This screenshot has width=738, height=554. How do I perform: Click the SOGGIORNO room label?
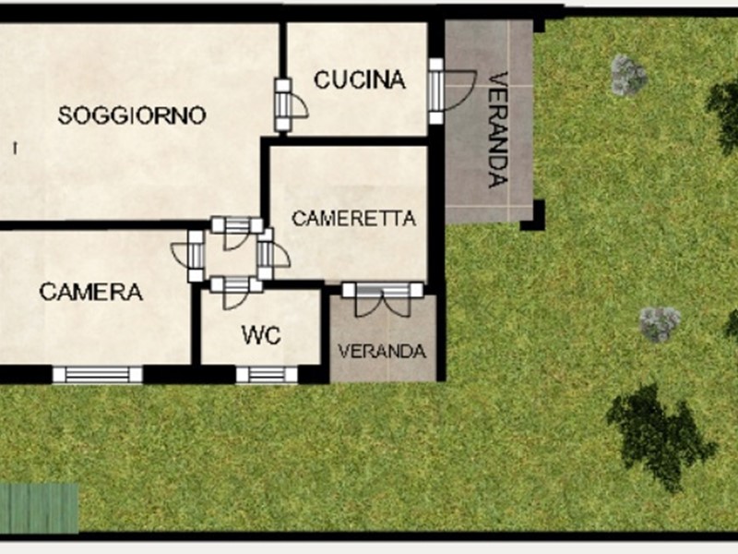pyautogui.click(x=132, y=115)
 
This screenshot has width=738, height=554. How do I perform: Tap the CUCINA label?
pyautogui.click(x=360, y=79)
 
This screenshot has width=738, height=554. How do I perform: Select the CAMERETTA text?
pyautogui.click(x=354, y=218)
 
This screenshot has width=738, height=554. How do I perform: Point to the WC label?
pyautogui.click(x=261, y=335)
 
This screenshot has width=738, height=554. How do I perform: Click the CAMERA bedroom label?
pyautogui.click(x=90, y=292)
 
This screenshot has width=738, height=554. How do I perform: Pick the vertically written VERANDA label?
pyautogui.click(x=498, y=129)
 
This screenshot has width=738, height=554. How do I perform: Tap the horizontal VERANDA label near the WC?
pyautogui.click(x=382, y=352)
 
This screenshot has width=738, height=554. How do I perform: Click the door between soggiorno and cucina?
pyautogui.click(x=290, y=104)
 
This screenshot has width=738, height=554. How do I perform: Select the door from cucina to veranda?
pyautogui.click(x=451, y=90)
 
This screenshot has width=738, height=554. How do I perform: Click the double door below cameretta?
pyautogui.click(x=383, y=298)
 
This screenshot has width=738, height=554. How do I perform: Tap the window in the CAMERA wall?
pyautogui.click(x=98, y=375)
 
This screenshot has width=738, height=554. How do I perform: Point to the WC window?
pyautogui.click(x=267, y=375)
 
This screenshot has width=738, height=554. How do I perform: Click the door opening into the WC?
pyautogui.click(x=236, y=292)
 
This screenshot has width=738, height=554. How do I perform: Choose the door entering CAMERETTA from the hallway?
pyautogui.click(x=272, y=254)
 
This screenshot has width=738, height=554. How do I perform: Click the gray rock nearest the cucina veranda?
pyautogui.click(x=629, y=76)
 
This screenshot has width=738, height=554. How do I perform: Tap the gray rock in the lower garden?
pyautogui.click(x=660, y=324)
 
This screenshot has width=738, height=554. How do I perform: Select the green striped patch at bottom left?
pyautogui.click(x=39, y=509)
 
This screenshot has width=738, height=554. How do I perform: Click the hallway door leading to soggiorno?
pyautogui.click(x=237, y=233)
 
